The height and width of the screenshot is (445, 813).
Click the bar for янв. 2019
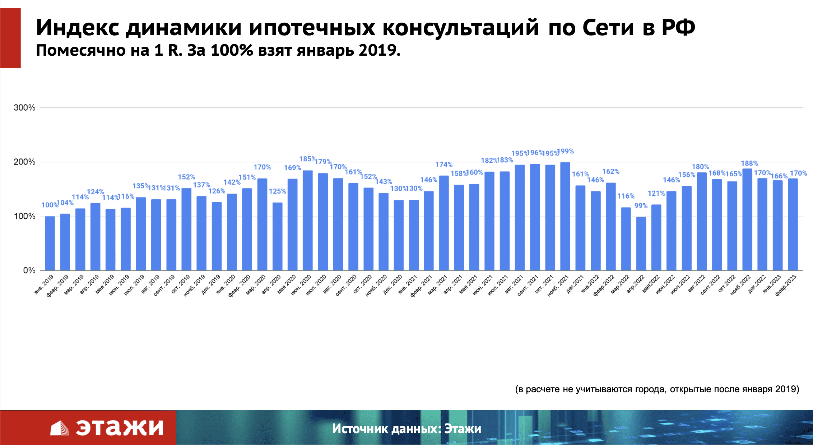(x=50, y=243)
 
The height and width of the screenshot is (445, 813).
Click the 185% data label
(x=307, y=159)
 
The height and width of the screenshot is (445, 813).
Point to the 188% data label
(x=749, y=163)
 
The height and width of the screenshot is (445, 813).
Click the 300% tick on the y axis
(x=24, y=108)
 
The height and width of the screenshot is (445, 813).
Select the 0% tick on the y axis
(x=29, y=270)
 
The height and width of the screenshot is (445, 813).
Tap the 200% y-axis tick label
(x=24, y=162)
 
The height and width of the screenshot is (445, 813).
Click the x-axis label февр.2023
(x=785, y=285)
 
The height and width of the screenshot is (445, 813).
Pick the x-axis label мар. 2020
(x=256, y=285)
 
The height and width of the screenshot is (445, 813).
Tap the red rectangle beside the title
(x=10, y=38)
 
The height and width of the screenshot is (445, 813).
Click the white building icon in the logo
(x=60, y=428)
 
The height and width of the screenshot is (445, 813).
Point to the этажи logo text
(x=120, y=427)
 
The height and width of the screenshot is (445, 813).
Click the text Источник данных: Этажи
(x=406, y=428)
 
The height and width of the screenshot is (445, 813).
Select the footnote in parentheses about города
(x=657, y=389)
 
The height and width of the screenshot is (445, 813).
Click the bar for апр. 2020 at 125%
(x=277, y=236)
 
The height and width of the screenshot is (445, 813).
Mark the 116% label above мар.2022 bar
(x=626, y=196)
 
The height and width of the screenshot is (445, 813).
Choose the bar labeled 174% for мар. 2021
(x=444, y=223)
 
